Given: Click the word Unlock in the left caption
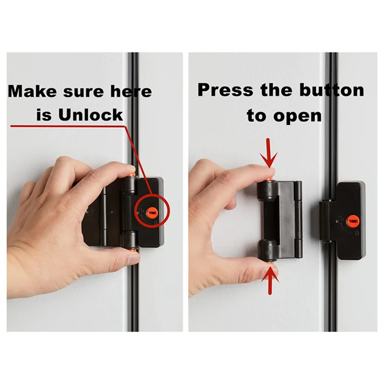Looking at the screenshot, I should tap(91, 115).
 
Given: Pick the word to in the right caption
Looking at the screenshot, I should tap(259, 115).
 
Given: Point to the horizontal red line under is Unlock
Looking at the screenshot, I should tap(67, 126).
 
